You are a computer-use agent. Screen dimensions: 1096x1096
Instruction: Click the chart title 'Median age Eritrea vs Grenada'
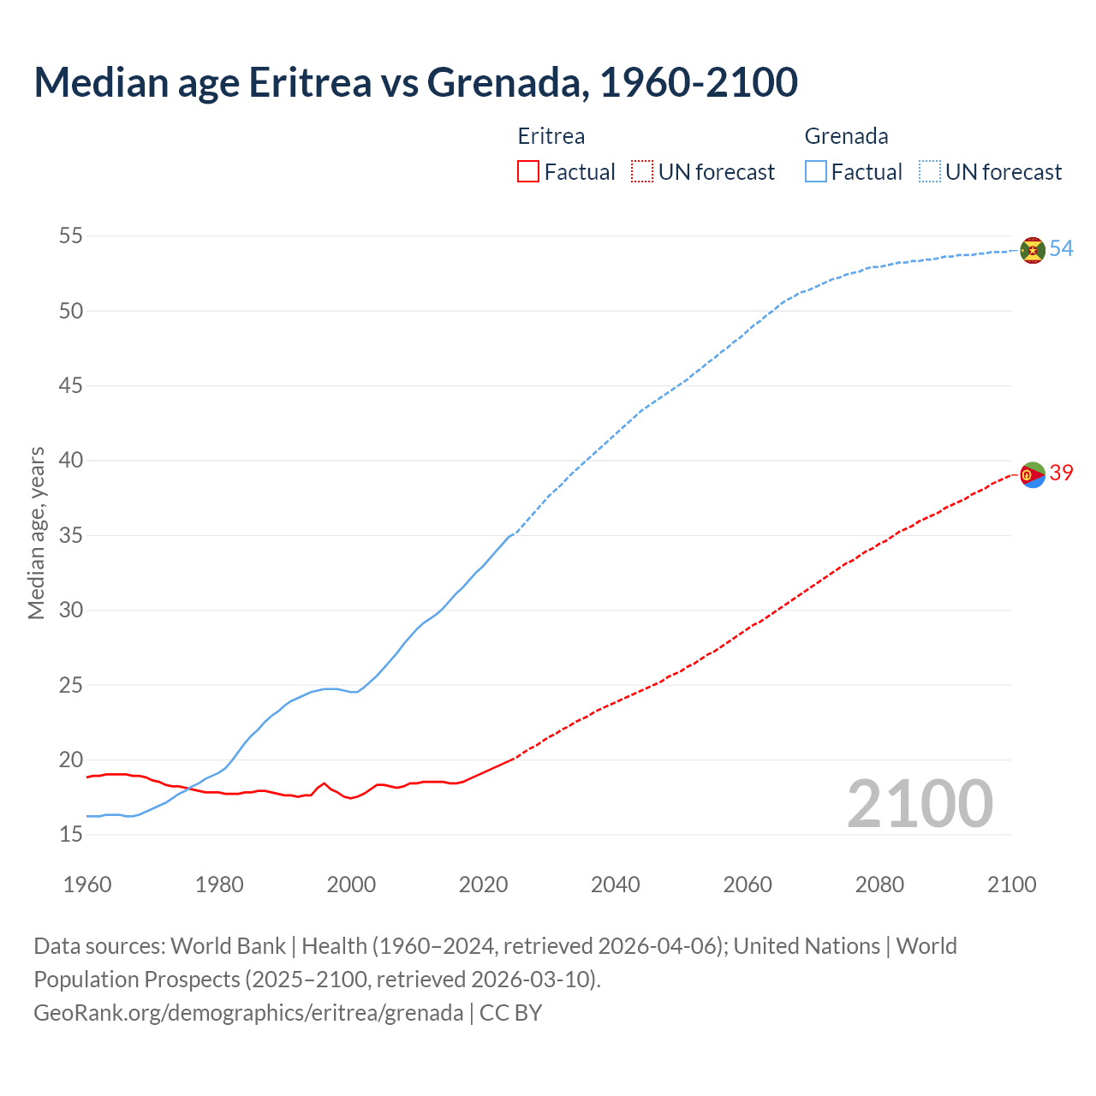pyautogui.click(x=415, y=82)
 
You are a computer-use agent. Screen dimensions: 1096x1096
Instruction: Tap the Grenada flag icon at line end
pyautogui.click(x=1033, y=250)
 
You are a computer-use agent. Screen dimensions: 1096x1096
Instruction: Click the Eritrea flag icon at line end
pyautogui.click(x=1033, y=474)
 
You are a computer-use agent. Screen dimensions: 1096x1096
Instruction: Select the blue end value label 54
pyautogui.click(x=1061, y=249)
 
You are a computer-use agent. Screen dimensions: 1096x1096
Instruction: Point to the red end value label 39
pyautogui.click(x=1061, y=474)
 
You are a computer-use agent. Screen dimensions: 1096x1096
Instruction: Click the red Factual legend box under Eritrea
pyautogui.click(x=528, y=172)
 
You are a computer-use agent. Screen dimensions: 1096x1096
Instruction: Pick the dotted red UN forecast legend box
pyautogui.click(x=641, y=172)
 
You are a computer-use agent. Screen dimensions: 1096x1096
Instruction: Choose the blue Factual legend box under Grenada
pyautogui.click(x=815, y=172)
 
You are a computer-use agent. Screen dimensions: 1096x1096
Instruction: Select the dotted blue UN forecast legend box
pyautogui.click(x=929, y=172)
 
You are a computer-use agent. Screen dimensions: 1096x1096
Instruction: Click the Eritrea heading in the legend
pyautogui.click(x=551, y=136)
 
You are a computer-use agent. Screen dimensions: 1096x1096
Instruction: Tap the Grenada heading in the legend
pyautogui.click(x=846, y=136)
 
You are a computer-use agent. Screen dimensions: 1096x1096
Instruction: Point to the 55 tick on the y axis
pyautogui.click(x=71, y=235)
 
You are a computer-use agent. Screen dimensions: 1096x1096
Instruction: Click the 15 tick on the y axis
pyautogui.click(x=71, y=834)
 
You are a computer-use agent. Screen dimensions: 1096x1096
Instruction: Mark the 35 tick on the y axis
pyautogui.click(x=71, y=535)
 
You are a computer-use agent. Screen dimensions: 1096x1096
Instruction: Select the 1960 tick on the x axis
pyautogui.click(x=87, y=885)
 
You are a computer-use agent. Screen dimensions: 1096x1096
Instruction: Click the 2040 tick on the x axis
pyautogui.click(x=615, y=885)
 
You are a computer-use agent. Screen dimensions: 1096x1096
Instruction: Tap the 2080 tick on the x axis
pyautogui.click(x=879, y=885)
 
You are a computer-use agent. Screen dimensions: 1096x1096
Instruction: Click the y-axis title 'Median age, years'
pyautogui.click(x=36, y=533)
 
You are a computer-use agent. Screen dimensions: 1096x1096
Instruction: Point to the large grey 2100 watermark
pyautogui.click(x=920, y=804)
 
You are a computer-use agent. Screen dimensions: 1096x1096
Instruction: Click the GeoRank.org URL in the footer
pyautogui.click(x=248, y=1013)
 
